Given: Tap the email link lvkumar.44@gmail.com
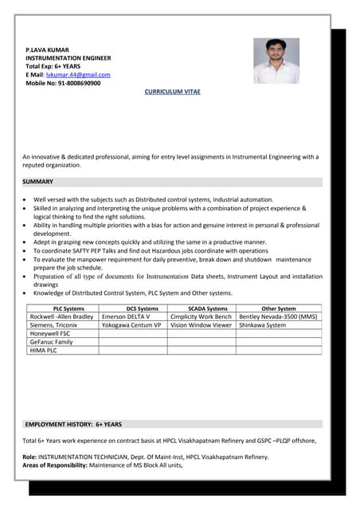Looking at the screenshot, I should click(77, 74).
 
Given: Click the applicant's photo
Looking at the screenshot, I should click(276, 61).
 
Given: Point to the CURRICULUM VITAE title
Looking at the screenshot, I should click(173, 92).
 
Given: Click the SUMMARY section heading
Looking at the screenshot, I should click(37, 182).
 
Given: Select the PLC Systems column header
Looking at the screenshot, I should click(68, 308).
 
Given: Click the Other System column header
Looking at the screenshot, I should click(278, 308).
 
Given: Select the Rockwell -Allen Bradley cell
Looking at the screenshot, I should click(61, 316).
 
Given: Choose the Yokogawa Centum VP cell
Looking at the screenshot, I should click(131, 325).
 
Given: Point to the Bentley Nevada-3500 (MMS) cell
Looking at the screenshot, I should click(278, 316).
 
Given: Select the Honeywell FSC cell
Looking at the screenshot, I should click(49, 333).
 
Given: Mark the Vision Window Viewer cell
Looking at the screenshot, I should click(202, 325).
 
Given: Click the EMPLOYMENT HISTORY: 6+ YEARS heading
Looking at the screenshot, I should click(73, 425).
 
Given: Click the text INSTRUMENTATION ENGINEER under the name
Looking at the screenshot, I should click(68, 58).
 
